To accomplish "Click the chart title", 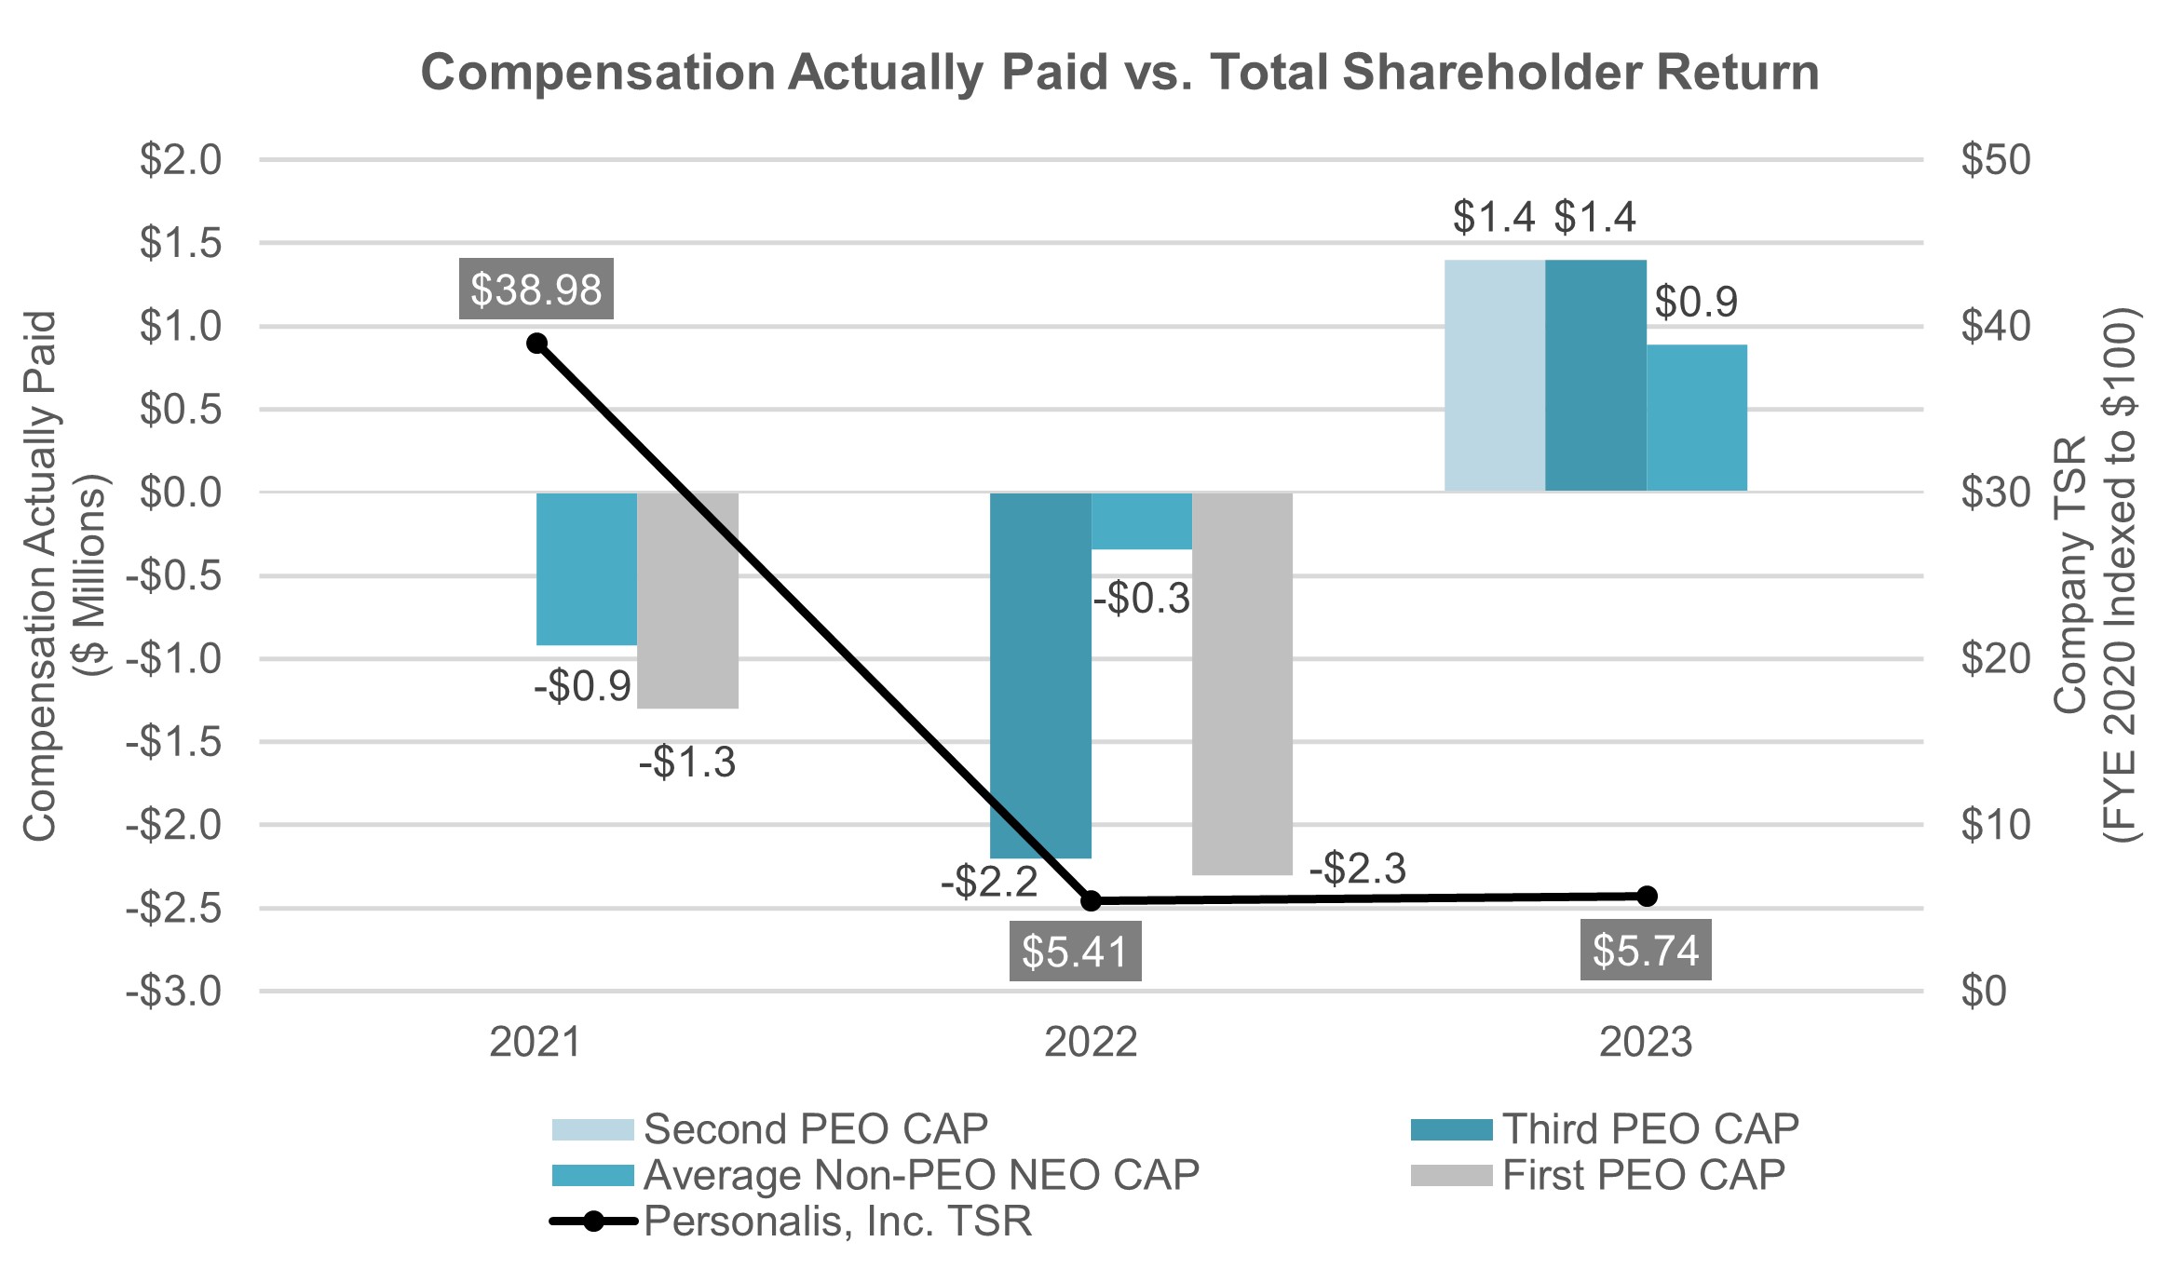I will click(x=1119, y=73).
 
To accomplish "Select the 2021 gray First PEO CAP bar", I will click(x=688, y=600).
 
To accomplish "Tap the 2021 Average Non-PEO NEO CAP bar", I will click(x=587, y=568).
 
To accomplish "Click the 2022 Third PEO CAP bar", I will click(x=1040, y=674).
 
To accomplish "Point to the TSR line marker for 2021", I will click(x=536, y=344).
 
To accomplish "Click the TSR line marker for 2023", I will click(x=1647, y=896).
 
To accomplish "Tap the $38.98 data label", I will click(x=536, y=290).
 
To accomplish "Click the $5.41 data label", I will click(x=1075, y=952).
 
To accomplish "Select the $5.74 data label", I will click(x=1646, y=951).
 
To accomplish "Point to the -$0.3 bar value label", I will click(x=1142, y=599).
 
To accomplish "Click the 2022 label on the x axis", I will click(x=1091, y=1043).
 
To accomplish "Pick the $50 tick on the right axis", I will click(x=1995, y=160).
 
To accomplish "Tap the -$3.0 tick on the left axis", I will click(x=175, y=992).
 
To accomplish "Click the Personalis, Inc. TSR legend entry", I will click(x=836, y=1222).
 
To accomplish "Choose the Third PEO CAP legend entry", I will click(x=1649, y=1129).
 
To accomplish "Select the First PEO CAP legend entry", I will click(x=1643, y=1175).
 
